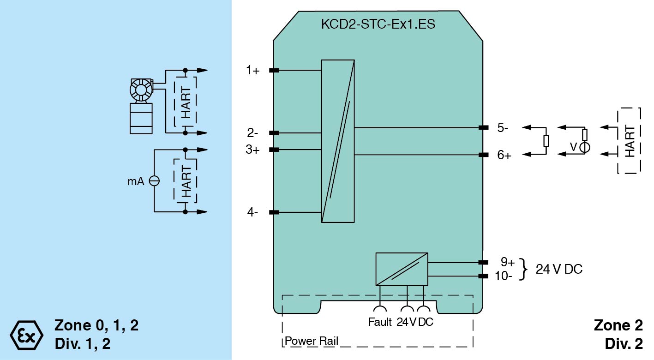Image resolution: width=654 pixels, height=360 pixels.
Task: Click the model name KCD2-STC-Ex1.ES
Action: [378, 24]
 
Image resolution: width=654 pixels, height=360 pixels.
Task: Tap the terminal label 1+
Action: [252, 71]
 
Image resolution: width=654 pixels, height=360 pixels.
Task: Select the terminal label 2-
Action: [252, 133]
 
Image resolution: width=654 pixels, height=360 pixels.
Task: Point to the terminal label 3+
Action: [252, 150]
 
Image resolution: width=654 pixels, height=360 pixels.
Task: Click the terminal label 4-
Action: [252, 213]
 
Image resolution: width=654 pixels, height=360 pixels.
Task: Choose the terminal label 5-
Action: [503, 128]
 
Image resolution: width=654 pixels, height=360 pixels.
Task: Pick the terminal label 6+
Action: [504, 156]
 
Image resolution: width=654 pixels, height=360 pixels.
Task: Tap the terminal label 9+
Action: [508, 262]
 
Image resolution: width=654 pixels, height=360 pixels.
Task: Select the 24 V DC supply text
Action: [559, 269]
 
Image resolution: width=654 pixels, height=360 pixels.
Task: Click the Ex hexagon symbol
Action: [26, 335]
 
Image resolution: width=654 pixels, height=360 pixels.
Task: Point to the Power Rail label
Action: [312, 342]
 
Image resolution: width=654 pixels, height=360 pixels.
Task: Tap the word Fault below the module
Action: [380, 322]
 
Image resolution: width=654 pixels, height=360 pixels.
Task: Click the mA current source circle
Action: [154, 181]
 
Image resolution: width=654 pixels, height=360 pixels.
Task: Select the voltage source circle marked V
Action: [584, 148]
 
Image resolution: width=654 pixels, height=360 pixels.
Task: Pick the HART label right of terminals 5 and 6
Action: [629, 141]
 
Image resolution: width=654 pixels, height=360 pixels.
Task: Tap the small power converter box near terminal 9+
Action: [402, 269]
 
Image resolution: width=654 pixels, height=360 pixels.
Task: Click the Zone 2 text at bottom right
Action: [618, 325]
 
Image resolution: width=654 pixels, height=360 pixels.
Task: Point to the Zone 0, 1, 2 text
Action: [96, 325]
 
